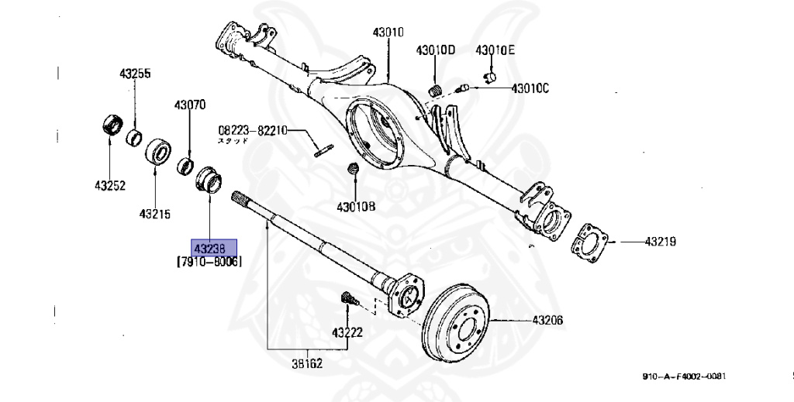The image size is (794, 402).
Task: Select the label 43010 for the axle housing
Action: pyautogui.click(x=388, y=33)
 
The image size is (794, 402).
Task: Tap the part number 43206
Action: pyautogui.click(x=547, y=320)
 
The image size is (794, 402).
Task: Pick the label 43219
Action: pyautogui.click(x=660, y=242)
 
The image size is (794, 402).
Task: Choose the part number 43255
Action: pyautogui.click(x=135, y=74)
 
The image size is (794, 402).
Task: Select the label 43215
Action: pyautogui.click(x=155, y=213)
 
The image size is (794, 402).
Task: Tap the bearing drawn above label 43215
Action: pyautogui.click(x=158, y=151)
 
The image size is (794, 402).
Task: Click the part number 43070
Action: pyautogui.click(x=190, y=104)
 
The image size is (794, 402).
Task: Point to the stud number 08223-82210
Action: pyautogui.click(x=252, y=131)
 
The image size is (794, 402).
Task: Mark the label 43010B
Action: pyautogui.click(x=356, y=207)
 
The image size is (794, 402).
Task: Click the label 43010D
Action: pyautogui.click(x=435, y=51)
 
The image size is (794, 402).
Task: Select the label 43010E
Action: pyautogui.click(x=495, y=51)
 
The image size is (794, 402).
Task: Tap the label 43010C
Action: pyautogui.click(x=530, y=88)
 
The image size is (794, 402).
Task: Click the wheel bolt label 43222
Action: pyautogui.click(x=348, y=332)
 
